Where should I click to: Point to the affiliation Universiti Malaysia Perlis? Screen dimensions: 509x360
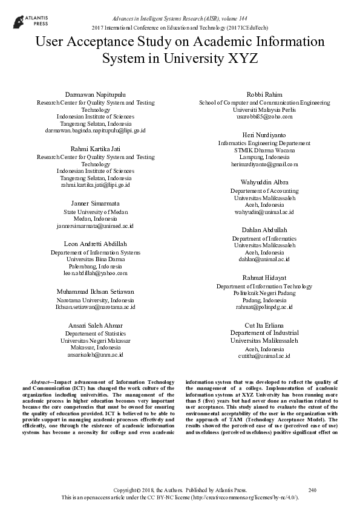click(x=264, y=109)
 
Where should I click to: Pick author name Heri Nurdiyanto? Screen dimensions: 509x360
click(x=264, y=135)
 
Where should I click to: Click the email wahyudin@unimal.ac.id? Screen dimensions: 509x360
click(x=264, y=212)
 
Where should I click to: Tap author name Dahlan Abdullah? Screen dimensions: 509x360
click(x=264, y=230)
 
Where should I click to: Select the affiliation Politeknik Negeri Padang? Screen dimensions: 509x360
click(x=264, y=293)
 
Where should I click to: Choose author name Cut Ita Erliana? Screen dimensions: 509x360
click(x=264, y=325)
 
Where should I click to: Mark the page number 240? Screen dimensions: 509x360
click(x=312, y=489)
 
